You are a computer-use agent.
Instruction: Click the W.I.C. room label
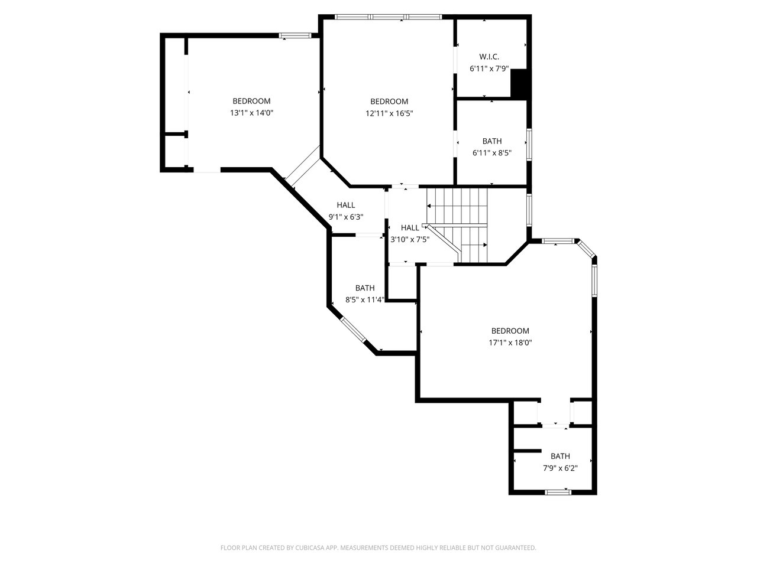coord(489,57)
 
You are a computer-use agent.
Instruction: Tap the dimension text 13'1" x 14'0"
coord(251,113)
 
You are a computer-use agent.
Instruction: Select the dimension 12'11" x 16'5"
coord(389,113)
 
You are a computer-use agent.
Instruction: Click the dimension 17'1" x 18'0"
coord(510,343)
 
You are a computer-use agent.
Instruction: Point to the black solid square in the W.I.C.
coord(520,83)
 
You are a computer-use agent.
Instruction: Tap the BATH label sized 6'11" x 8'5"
coord(492,141)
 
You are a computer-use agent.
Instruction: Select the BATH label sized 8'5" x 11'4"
coord(365,288)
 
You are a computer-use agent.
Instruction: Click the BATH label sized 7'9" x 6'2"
coord(560,456)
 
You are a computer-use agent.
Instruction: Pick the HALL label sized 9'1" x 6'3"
coord(346,205)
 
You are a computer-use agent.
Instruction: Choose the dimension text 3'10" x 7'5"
coord(409,239)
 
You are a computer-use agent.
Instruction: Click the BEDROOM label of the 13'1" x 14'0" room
coord(251,101)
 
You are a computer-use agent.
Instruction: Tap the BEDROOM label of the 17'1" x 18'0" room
coord(510,331)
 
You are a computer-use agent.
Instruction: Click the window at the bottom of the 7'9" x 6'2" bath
coord(558,491)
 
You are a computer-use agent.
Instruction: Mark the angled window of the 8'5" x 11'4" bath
coord(354,330)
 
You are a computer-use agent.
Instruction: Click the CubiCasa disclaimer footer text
coord(378,548)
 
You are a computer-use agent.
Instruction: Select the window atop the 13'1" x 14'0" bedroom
coord(296,35)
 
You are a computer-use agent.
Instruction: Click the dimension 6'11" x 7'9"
coord(489,69)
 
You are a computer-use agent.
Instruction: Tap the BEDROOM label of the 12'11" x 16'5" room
coord(389,102)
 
